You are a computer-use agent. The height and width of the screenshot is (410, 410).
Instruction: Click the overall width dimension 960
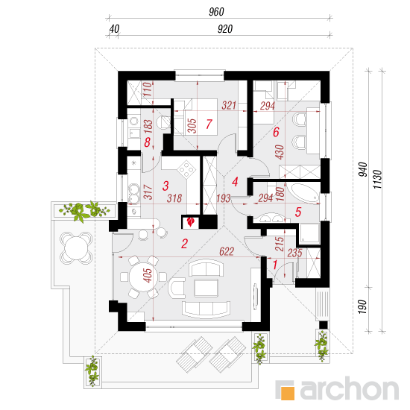(x=216, y=12)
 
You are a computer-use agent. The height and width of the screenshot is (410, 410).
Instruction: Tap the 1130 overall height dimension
(x=378, y=180)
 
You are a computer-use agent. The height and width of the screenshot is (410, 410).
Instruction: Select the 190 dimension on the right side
(x=363, y=307)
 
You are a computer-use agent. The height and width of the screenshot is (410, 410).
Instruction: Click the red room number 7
(x=209, y=124)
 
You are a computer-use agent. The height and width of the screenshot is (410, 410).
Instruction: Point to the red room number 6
(x=276, y=132)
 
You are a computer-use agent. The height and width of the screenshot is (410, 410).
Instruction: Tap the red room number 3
(x=165, y=186)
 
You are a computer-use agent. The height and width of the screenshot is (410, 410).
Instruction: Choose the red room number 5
(x=298, y=212)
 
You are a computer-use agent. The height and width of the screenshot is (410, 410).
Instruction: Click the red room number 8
(x=147, y=142)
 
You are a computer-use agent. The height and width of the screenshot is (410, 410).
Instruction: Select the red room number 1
(x=275, y=265)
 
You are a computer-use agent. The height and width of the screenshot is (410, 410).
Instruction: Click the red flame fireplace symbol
(x=191, y=222)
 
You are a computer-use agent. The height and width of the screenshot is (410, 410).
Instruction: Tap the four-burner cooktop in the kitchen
(x=186, y=169)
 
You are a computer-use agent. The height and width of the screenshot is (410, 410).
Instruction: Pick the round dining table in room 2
(x=144, y=277)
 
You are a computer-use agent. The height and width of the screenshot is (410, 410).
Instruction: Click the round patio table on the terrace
(x=76, y=247)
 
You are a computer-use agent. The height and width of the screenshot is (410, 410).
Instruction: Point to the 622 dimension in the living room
(x=227, y=251)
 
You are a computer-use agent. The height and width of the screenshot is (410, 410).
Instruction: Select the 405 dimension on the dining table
(x=148, y=275)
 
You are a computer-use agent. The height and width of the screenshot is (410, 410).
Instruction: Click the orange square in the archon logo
(x=288, y=393)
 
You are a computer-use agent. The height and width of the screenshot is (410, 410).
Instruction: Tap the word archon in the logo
(x=349, y=389)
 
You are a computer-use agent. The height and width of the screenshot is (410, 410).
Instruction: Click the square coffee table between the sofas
(x=206, y=288)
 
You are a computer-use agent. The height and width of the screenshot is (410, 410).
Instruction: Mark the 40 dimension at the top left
(x=114, y=29)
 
